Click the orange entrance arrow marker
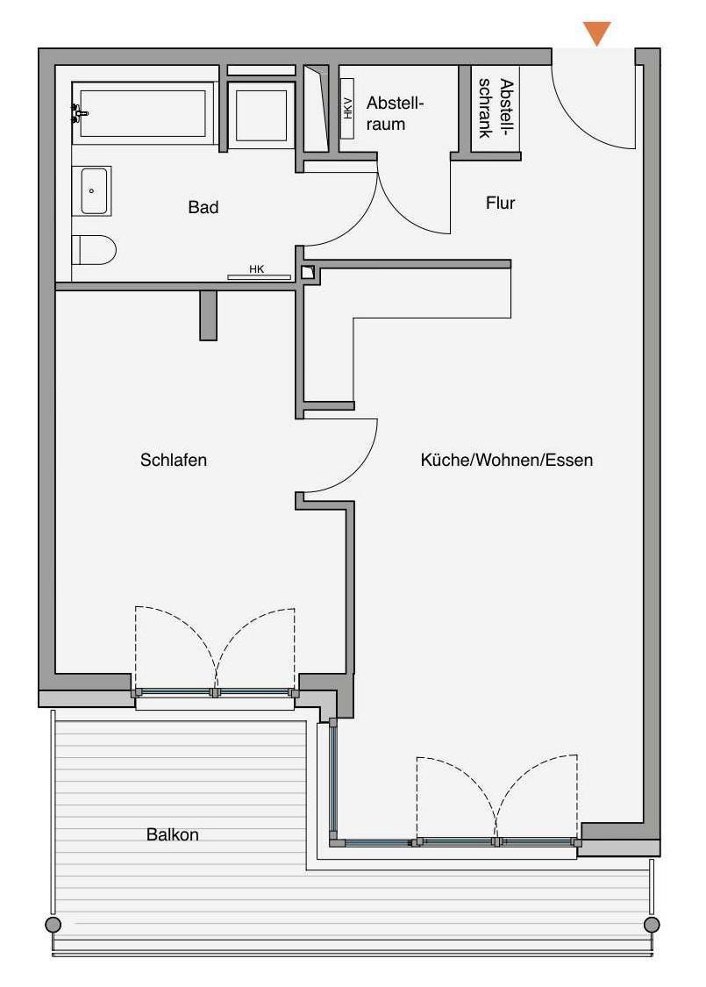pyautogui.click(x=596, y=32)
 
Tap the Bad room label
pyautogui.click(x=203, y=207)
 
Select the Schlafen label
pyautogui.click(x=174, y=460)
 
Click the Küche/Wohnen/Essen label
pyautogui.click(x=507, y=460)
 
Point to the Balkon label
pyautogui.click(x=173, y=834)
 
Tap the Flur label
pyautogui.click(x=500, y=203)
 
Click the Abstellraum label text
pyautogui.click(x=396, y=113)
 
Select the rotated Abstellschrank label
pyautogui.click(x=496, y=108)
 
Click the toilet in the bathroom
pyautogui.click(x=94, y=250)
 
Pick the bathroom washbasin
pyautogui.click(x=92, y=190)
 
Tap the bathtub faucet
pyautogui.click(x=79, y=113)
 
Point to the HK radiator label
pyautogui.click(x=257, y=269)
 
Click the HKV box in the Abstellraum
pyautogui.click(x=347, y=108)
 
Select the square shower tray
pyautogui.click(x=261, y=115)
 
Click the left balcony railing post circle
pyautogui.click(x=53, y=924)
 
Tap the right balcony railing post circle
pyautogui.click(x=652, y=924)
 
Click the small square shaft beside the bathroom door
pyautogui.click(x=308, y=273)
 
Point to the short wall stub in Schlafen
pyautogui.click(x=208, y=315)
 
